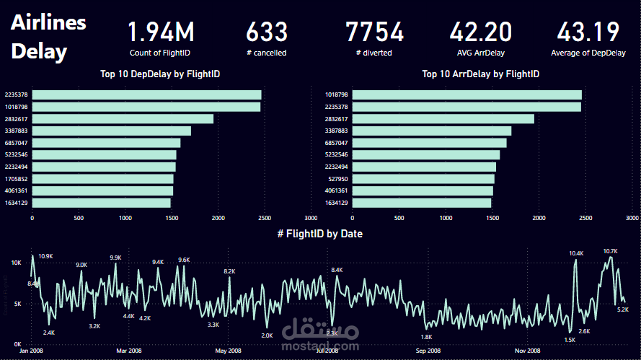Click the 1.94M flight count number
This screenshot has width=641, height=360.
click(x=161, y=32)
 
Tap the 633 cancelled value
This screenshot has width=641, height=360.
click(x=267, y=32)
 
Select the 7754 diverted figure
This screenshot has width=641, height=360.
click(x=374, y=32)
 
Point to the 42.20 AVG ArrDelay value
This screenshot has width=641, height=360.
click(x=481, y=32)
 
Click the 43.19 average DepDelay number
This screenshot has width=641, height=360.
click(x=588, y=32)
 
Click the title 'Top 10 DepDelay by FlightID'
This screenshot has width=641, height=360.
click(x=160, y=74)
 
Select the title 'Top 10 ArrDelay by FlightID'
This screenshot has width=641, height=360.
click(x=480, y=74)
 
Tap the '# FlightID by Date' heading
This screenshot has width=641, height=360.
click(x=319, y=234)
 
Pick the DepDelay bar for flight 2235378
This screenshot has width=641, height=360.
click(x=146, y=95)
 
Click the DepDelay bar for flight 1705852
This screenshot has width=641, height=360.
click(x=102, y=179)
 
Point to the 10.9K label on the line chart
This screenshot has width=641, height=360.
click(x=46, y=256)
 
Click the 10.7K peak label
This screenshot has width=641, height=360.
click(x=610, y=251)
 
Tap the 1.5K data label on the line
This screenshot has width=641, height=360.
click(x=570, y=340)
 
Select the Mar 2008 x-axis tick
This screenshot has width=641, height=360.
click(x=128, y=351)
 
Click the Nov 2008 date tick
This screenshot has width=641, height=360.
click(x=528, y=351)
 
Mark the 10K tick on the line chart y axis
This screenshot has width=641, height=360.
click(x=16, y=263)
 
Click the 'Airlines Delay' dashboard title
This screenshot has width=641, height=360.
click(x=48, y=37)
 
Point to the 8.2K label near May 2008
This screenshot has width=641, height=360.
click(x=229, y=271)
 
